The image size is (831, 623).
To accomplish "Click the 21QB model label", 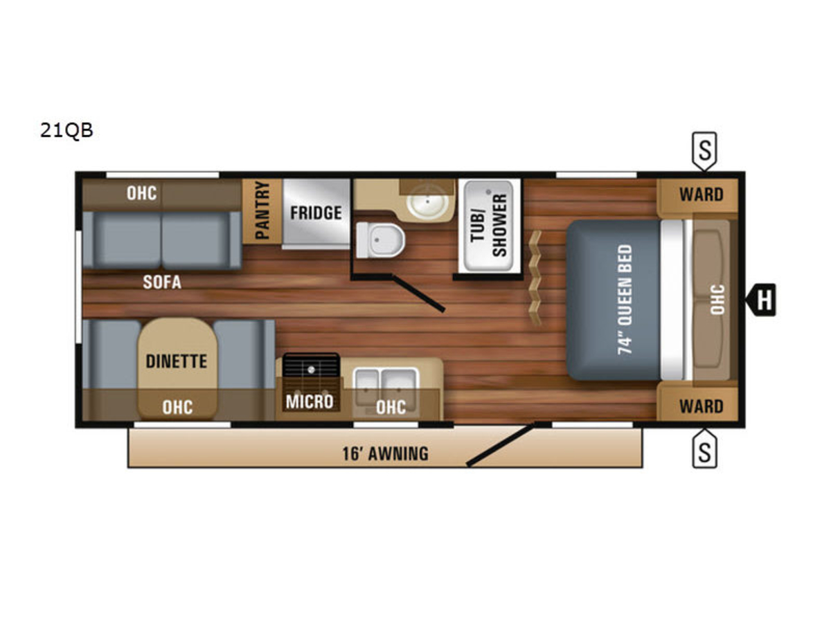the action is pos(66,130).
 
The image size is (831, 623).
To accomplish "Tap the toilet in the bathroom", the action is pos(380,241).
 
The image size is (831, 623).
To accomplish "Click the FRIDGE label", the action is pos(316,213).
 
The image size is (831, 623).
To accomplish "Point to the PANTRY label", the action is pos(262,210).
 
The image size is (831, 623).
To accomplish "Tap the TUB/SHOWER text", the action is pos(488,226).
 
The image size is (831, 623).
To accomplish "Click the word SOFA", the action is pos(162,282).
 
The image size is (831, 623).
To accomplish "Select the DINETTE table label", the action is pos(177,361).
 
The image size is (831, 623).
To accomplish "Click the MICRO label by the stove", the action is pos(310,401).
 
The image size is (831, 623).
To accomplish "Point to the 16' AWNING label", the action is pos(386,453).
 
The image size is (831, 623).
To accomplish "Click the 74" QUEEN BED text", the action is pos(625,300).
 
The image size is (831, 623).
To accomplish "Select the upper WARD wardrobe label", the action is pos(701,195).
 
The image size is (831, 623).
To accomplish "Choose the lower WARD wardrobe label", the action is pos(701,406).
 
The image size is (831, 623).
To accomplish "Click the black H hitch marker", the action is pos(760,300).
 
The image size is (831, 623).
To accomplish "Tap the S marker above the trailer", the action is pos(704,150).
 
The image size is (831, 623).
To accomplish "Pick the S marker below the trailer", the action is pos(704,449).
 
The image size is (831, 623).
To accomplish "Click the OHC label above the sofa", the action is pos(141,193).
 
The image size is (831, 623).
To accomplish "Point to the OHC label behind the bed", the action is pos(718,300).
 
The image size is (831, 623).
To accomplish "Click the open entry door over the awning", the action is pos(501,444).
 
